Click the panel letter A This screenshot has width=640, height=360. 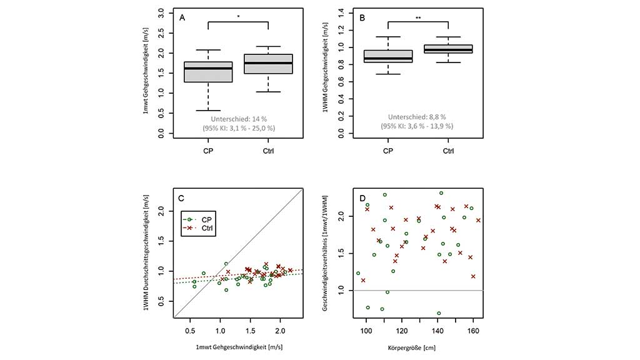click(182, 17)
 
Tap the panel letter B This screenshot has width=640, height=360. click(362, 17)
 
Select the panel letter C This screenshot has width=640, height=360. click(181, 199)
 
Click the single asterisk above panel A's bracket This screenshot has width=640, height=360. click(238, 18)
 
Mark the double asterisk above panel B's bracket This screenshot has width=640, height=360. click(418, 18)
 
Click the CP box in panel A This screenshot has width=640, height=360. click(208, 72)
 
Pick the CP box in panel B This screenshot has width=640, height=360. click(388, 56)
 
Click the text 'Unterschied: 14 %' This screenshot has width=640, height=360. click(238, 117)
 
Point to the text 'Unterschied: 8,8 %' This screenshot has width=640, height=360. click(418, 117)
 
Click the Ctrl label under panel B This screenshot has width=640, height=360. click(449, 151)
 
